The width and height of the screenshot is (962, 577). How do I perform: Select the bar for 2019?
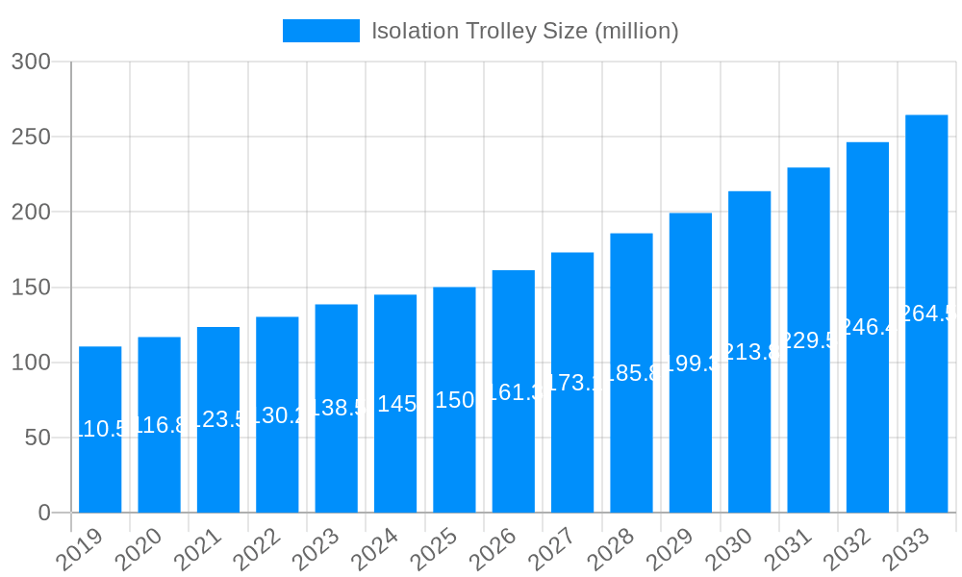pyautogui.click(x=100, y=430)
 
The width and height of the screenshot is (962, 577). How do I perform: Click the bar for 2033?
pyautogui.click(x=926, y=314)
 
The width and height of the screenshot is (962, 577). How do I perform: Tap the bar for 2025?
pyautogui.click(x=454, y=400)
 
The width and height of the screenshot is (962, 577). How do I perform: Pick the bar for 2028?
pyautogui.click(x=631, y=373)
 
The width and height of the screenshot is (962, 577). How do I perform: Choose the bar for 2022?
pyautogui.click(x=277, y=414)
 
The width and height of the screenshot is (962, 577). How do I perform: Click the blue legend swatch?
pyautogui.click(x=320, y=31)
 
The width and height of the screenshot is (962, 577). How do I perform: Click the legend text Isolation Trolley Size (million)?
pyautogui.click(x=525, y=31)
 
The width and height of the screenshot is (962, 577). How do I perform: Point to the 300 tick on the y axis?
pyautogui.click(x=31, y=62)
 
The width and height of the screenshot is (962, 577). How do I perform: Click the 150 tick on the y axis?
pyautogui.click(x=31, y=288)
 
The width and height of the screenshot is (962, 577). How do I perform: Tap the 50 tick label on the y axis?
pyautogui.click(x=38, y=438)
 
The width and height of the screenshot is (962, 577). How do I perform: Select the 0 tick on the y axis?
pyautogui.click(x=44, y=513)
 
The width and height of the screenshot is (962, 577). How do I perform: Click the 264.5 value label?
pyautogui.click(x=926, y=314)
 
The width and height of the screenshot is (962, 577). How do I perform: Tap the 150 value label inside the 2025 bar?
pyautogui.click(x=454, y=400)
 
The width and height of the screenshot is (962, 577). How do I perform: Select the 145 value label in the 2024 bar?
pyautogui.click(x=395, y=404)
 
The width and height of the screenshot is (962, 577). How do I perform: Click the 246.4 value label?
pyautogui.click(x=868, y=327)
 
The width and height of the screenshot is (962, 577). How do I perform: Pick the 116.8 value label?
pyautogui.click(x=159, y=425)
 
